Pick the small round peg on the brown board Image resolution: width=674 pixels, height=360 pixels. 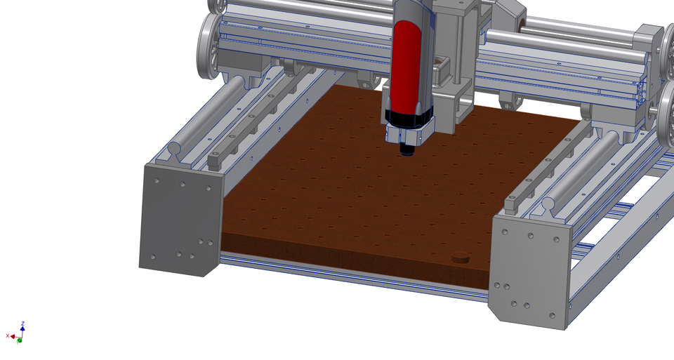coord(460,256)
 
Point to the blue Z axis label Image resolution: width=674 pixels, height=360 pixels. coord(23,324)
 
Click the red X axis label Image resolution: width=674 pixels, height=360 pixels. coord(7,336)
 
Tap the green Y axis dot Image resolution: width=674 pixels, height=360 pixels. coord(20,340)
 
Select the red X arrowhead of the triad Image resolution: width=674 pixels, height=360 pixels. coord(13,337)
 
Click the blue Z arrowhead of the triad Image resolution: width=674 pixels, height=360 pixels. coord(22,328)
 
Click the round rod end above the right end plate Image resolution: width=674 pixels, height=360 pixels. coord(548,206)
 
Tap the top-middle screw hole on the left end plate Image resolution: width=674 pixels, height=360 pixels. coord(182,185)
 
